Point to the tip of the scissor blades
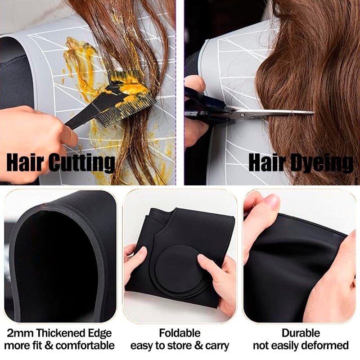314,112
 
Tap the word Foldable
180,333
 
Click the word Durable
301,333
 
